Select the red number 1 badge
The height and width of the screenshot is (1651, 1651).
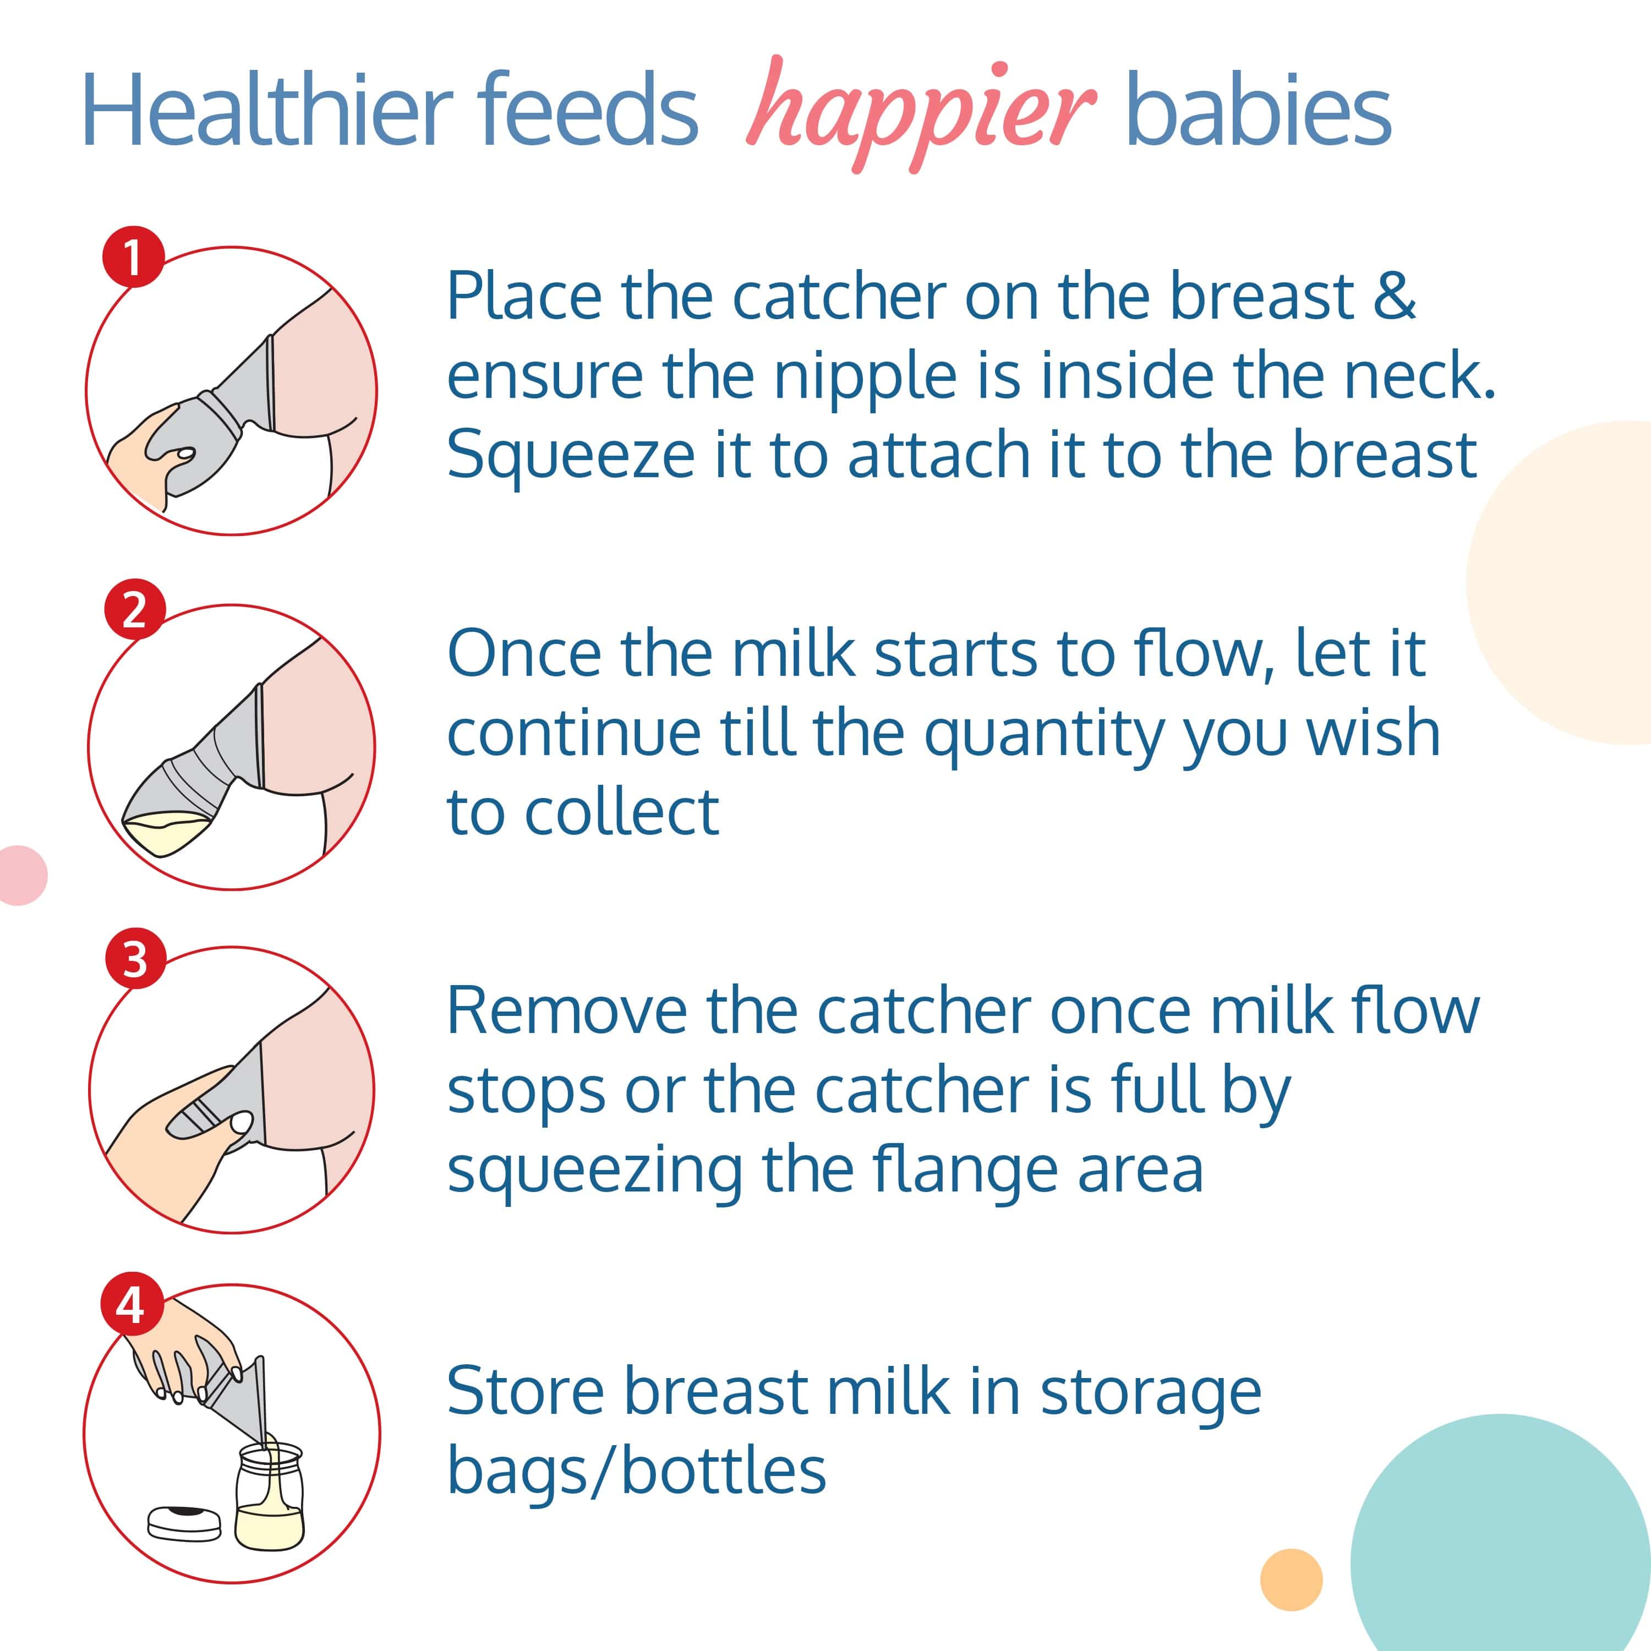133,256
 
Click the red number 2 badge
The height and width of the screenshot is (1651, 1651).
134,610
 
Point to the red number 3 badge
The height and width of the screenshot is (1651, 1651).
135,959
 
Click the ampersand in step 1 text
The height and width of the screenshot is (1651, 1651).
1394,296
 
